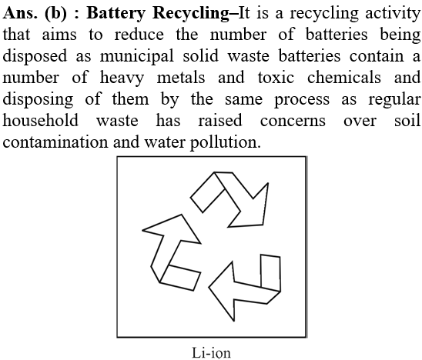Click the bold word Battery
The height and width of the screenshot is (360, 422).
(116, 13)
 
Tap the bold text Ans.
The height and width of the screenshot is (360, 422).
(20, 13)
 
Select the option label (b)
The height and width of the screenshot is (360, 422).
(55, 13)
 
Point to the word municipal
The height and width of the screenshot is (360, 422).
(137, 57)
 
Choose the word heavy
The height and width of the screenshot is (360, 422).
(122, 78)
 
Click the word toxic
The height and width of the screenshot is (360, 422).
(276, 78)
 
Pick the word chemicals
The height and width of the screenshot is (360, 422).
(344, 78)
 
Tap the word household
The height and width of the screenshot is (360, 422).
(40, 121)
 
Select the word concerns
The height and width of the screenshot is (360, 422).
(293, 121)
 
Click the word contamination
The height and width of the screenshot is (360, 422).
(55, 142)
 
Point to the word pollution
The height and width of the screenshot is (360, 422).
(226, 142)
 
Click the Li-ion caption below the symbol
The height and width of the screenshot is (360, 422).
(211, 353)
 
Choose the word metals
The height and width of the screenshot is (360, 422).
(181, 78)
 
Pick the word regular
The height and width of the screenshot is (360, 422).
(394, 100)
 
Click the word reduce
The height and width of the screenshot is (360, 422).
(139, 35)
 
